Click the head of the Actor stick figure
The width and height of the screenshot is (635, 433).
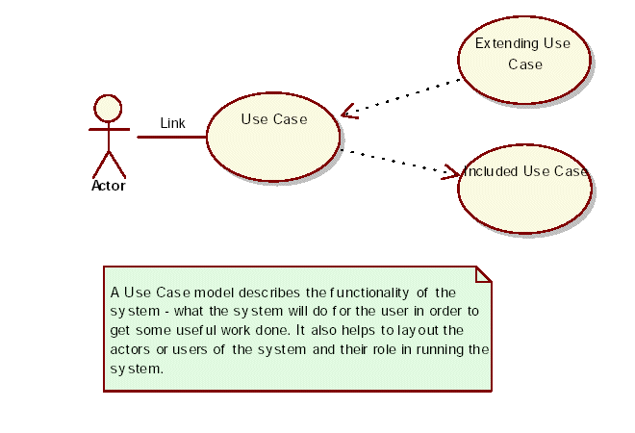point(109,107)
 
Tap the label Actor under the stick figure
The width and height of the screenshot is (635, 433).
point(109,187)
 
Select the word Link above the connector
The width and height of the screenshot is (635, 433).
point(173,123)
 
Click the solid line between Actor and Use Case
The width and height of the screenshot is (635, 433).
point(172,137)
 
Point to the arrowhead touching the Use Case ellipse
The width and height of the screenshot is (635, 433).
point(348,112)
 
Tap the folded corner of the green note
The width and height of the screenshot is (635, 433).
point(483,274)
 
